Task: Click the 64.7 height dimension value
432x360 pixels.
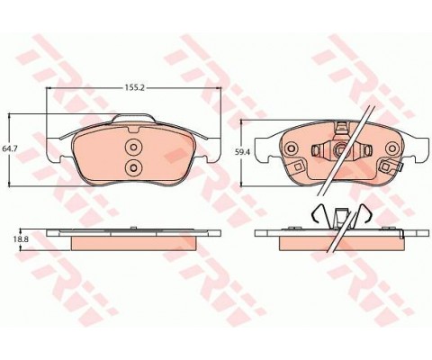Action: [x=8, y=148]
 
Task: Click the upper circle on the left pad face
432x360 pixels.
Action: [x=133, y=147]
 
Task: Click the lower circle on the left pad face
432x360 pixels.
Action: [x=133, y=167]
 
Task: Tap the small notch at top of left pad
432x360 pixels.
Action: [x=133, y=130]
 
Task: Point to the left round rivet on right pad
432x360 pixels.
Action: [x=291, y=148]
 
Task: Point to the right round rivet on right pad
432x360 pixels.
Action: [x=392, y=148]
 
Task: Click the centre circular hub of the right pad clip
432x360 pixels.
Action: [x=340, y=148]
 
